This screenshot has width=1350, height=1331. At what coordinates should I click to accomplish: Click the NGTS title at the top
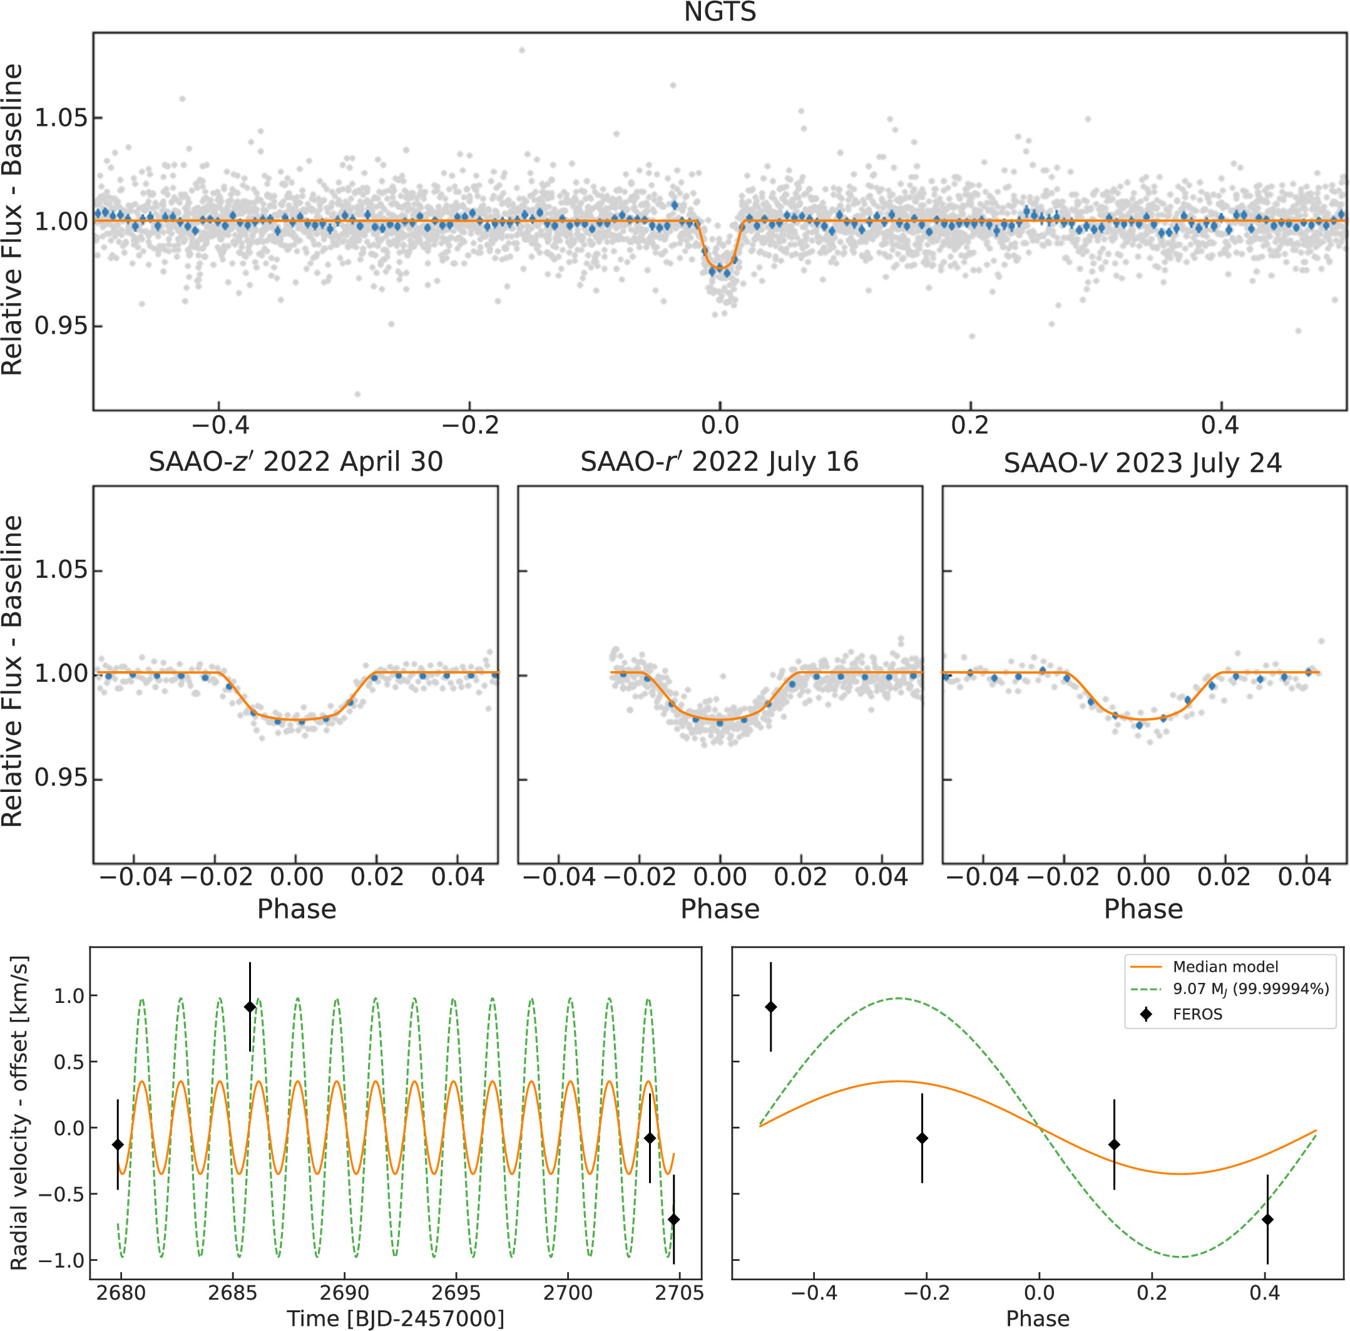click(x=720, y=13)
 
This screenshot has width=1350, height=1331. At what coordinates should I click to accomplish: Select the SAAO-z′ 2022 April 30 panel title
click(x=295, y=462)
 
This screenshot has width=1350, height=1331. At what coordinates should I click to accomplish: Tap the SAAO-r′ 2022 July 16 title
click(x=719, y=462)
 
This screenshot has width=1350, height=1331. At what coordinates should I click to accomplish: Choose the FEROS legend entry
click(x=1197, y=1014)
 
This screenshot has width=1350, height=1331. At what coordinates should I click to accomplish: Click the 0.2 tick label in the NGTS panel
click(x=970, y=425)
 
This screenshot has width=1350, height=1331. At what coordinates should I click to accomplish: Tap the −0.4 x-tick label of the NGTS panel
click(x=220, y=425)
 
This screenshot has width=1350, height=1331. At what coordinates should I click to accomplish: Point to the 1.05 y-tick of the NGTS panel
click(x=61, y=118)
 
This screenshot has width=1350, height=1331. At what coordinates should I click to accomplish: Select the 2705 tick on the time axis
click(x=678, y=1293)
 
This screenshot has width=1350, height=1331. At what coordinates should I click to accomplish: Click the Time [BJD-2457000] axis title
click(x=395, y=1318)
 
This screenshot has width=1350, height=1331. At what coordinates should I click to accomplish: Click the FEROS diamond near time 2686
click(x=250, y=1007)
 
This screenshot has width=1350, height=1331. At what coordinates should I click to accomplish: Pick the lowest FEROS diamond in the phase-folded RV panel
click(x=1267, y=1220)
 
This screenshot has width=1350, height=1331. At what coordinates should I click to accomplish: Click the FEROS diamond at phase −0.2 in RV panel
click(x=922, y=1138)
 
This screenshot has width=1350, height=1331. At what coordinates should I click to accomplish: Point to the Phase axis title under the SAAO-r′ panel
click(x=720, y=909)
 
